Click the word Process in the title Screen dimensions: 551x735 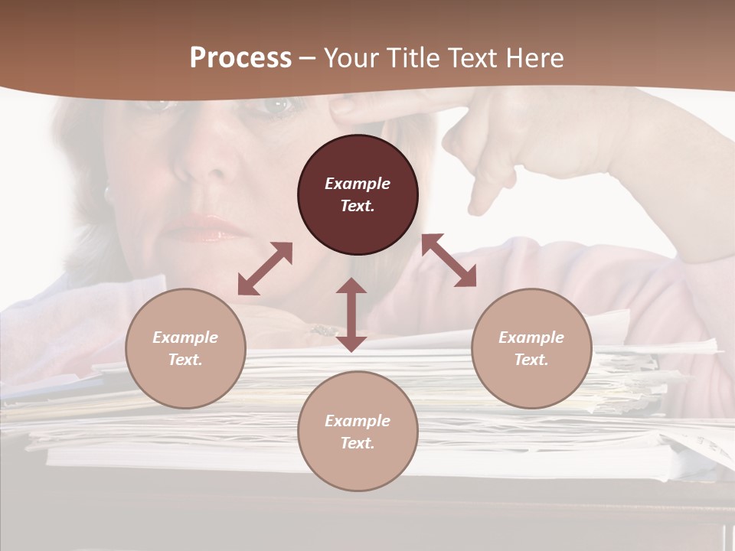tap(240, 58)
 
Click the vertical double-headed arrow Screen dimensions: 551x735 tap(351, 315)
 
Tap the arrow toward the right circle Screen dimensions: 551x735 tap(449, 260)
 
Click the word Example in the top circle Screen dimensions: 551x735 tap(358, 184)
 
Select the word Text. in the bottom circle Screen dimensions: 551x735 tap(358, 443)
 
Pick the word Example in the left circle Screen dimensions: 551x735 tap(185, 337)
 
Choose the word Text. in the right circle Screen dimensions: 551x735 tap(531, 360)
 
